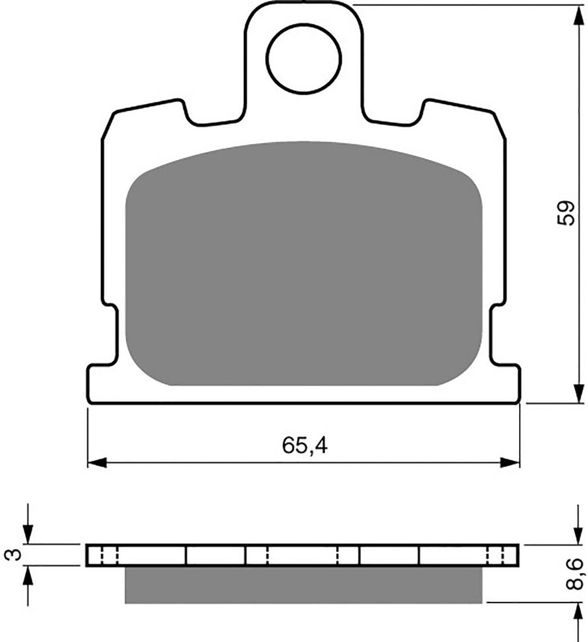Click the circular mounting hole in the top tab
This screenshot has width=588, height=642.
[303, 58]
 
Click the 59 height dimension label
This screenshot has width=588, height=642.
[566, 213]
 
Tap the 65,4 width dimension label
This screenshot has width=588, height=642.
[305, 446]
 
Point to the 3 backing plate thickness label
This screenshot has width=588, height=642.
[14, 555]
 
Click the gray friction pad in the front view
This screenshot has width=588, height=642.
[303, 264]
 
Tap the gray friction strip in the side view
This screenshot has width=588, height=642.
[303, 585]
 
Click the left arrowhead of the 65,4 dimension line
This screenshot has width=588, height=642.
[97, 463]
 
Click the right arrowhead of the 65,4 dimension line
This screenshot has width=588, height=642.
[510, 463]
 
